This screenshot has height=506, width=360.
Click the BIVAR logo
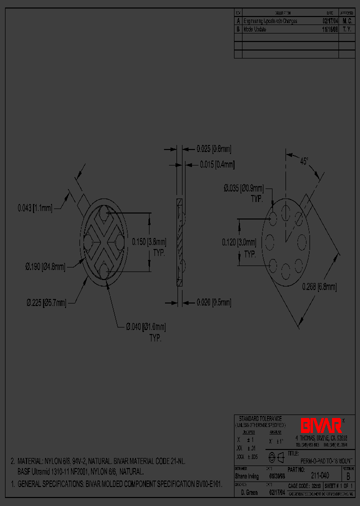pyautogui.click(x=321, y=425)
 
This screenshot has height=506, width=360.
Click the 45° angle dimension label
pyautogui.click(x=304, y=161)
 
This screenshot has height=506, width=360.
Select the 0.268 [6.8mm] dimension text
pyautogui.click(x=319, y=286)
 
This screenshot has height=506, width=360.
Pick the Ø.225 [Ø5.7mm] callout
pyautogui.click(x=46, y=302)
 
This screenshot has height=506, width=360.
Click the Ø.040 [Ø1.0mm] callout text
pyautogui.click(x=145, y=327)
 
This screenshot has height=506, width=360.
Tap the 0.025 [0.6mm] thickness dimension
pyautogui.click(x=214, y=148)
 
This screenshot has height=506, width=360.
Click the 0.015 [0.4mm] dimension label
pyautogui.click(x=217, y=164)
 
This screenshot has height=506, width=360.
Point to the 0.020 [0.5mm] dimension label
pyautogui.click(x=214, y=302)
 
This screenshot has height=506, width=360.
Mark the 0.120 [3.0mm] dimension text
pyautogui.click(x=239, y=242)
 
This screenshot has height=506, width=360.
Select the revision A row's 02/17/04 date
pyautogui.click(x=330, y=21)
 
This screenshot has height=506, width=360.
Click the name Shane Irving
pyautogui.click(x=247, y=476)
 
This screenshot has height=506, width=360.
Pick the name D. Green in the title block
pyautogui.click(x=248, y=493)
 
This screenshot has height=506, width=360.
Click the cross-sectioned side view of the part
pyautogui.click(x=180, y=242)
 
